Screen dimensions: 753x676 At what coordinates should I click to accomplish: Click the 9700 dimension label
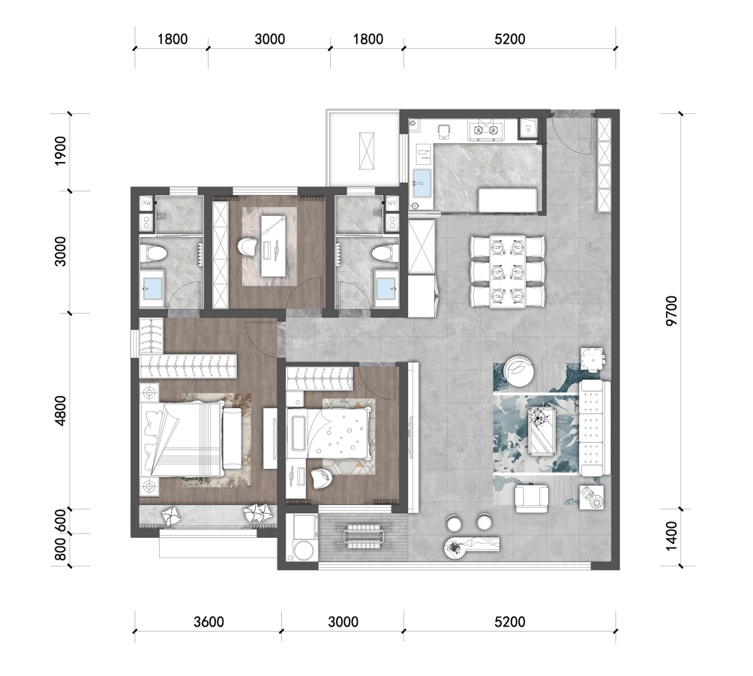click(671, 311)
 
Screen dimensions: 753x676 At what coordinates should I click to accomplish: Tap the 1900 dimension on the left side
click(60, 151)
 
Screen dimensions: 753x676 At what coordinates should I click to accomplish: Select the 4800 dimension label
click(60, 410)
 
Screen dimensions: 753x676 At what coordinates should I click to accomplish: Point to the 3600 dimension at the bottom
click(209, 622)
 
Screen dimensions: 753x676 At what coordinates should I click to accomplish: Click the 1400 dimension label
click(671, 536)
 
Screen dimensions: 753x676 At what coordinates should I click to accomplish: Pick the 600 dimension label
click(60, 521)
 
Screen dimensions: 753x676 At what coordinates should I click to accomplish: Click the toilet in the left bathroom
click(153, 253)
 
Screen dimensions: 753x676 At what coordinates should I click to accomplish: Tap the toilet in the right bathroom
click(385, 253)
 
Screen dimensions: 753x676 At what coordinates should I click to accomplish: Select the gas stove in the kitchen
click(486, 130)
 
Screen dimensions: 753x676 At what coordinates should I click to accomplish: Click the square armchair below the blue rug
click(532, 499)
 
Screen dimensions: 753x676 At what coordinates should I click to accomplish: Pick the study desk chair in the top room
click(248, 247)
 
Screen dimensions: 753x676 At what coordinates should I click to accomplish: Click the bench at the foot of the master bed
click(233, 438)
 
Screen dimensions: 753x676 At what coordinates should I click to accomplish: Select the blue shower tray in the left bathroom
click(153, 289)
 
